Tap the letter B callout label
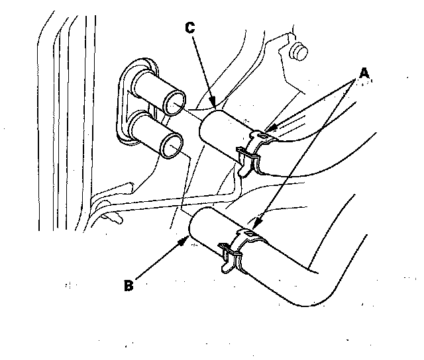pyautogui.click(x=129, y=286)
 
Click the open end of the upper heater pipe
pyautogui.click(x=176, y=103)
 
